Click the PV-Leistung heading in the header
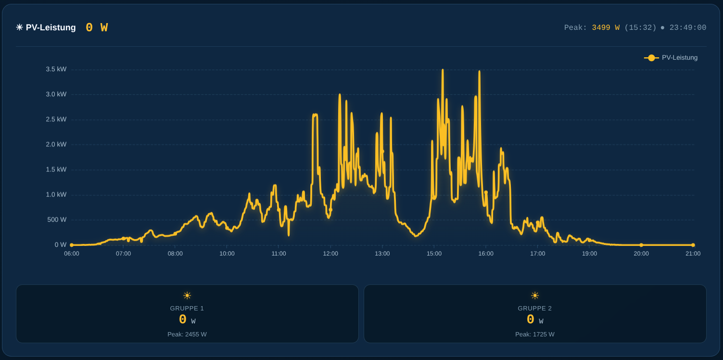[x=51, y=27]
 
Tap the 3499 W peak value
[x=606, y=28]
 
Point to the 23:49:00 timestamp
[x=687, y=28]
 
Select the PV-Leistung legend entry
[x=671, y=57]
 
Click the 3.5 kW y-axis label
[x=56, y=69]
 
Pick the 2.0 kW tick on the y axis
[x=56, y=144]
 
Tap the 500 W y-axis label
[x=57, y=219]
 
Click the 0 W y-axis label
[x=60, y=245]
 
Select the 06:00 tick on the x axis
[x=72, y=254]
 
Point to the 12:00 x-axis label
[x=330, y=254]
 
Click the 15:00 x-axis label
[x=434, y=254]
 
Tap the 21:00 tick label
[x=693, y=254]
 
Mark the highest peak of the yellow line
[x=443, y=70]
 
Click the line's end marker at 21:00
[x=693, y=245]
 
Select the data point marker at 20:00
[x=641, y=245]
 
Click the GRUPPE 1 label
[x=187, y=309]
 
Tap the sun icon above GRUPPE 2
[x=535, y=296]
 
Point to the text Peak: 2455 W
[x=187, y=334]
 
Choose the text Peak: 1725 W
[x=535, y=334]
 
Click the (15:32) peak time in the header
[x=640, y=28]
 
